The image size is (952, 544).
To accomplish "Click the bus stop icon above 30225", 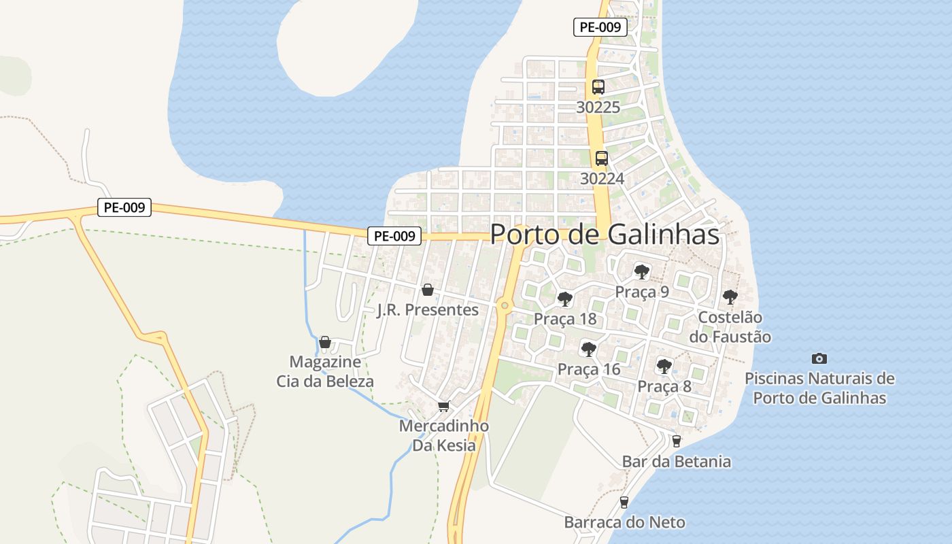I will tap(598, 87).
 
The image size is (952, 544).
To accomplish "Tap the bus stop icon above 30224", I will tap(602, 158).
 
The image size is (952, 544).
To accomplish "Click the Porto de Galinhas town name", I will tap(604, 235).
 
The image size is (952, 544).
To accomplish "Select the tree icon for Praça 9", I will tap(641, 272).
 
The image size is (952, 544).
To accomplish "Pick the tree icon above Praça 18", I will tap(564, 299).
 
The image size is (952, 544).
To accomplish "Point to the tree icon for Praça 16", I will tap(589, 350).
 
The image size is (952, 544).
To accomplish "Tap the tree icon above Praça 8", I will tap(664, 367).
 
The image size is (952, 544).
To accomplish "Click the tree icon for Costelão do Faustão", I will tap(730, 297).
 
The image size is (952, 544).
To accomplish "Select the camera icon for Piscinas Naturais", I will tap(819, 358).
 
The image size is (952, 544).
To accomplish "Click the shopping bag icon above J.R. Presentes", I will tap(428, 290).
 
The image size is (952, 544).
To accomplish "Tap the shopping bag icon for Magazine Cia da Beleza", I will tap(325, 342).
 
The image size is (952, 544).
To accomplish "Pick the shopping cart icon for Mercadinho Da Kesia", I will tap(444, 407).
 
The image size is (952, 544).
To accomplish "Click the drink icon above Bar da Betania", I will tap(676, 441).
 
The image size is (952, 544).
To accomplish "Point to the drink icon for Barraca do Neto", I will tap(624, 503).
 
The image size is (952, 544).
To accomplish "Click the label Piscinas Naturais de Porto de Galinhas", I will tap(819, 388).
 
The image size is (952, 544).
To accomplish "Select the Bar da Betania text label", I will tap(677, 462).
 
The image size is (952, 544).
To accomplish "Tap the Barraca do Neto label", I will tap(624, 522).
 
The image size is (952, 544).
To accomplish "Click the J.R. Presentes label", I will tap(428, 310).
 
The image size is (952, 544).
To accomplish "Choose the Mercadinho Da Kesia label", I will tap(444, 436).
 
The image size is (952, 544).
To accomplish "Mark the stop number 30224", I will tap(602, 178).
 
